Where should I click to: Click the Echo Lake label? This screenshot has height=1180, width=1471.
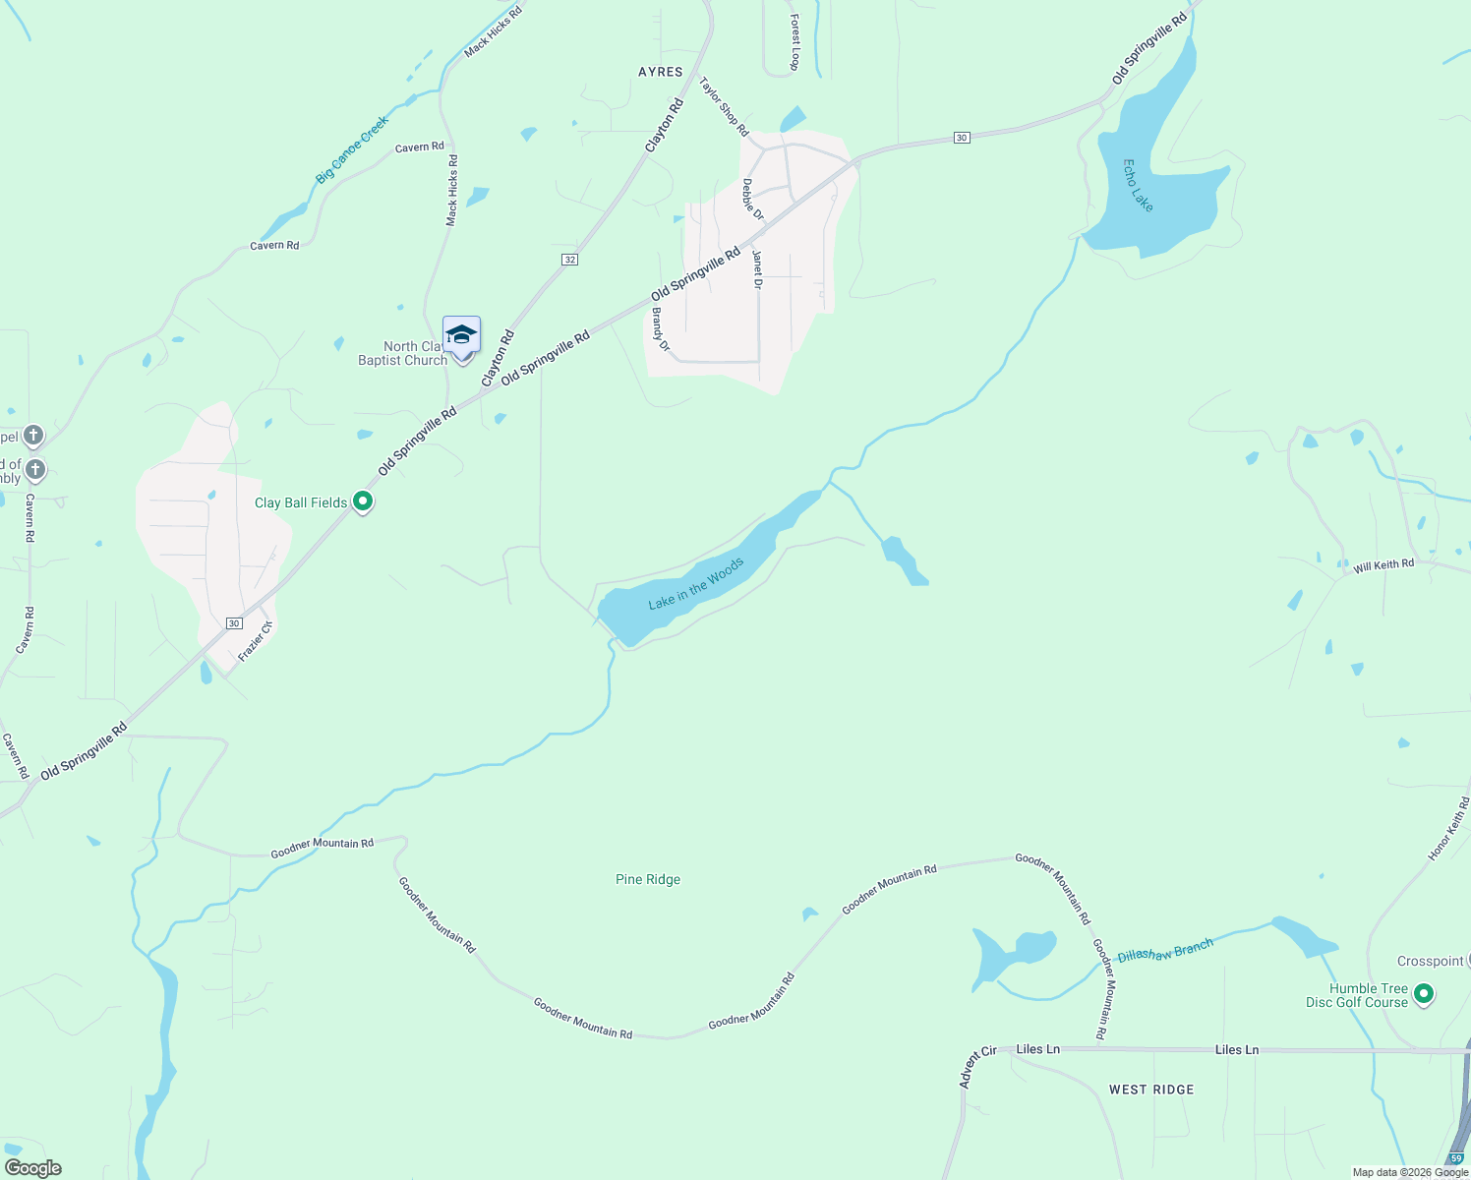pyautogui.click(x=1138, y=186)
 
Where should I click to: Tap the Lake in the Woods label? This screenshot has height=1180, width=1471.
pyautogui.click(x=696, y=584)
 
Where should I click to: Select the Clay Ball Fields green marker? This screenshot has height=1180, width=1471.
pyautogui.click(x=363, y=501)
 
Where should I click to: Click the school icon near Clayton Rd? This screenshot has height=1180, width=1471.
pyautogui.click(x=461, y=336)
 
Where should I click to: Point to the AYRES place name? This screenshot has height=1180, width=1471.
pyautogui.click(x=660, y=72)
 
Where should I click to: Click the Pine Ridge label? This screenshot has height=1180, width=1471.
pyautogui.click(x=647, y=879)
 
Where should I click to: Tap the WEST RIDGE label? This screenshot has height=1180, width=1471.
pyautogui.click(x=1150, y=1090)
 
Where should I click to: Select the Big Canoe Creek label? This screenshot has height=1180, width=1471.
pyautogui.click(x=352, y=149)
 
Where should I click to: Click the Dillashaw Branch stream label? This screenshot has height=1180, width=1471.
pyautogui.click(x=1165, y=950)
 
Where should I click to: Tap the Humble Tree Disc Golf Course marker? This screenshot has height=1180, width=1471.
pyautogui.click(x=1423, y=995)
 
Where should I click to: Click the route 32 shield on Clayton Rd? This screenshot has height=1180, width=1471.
pyautogui.click(x=570, y=260)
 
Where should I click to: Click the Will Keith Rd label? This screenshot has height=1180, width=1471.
pyautogui.click(x=1383, y=565)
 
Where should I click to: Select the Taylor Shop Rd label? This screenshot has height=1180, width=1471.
pyautogui.click(x=724, y=107)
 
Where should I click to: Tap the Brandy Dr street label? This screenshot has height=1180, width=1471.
pyautogui.click(x=661, y=330)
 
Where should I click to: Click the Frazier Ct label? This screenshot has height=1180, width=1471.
pyautogui.click(x=255, y=641)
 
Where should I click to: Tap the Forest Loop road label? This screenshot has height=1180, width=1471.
pyautogui.click(x=794, y=42)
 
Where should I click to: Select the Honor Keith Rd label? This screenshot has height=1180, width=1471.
pyautogui.click(x=1448, y=830)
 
